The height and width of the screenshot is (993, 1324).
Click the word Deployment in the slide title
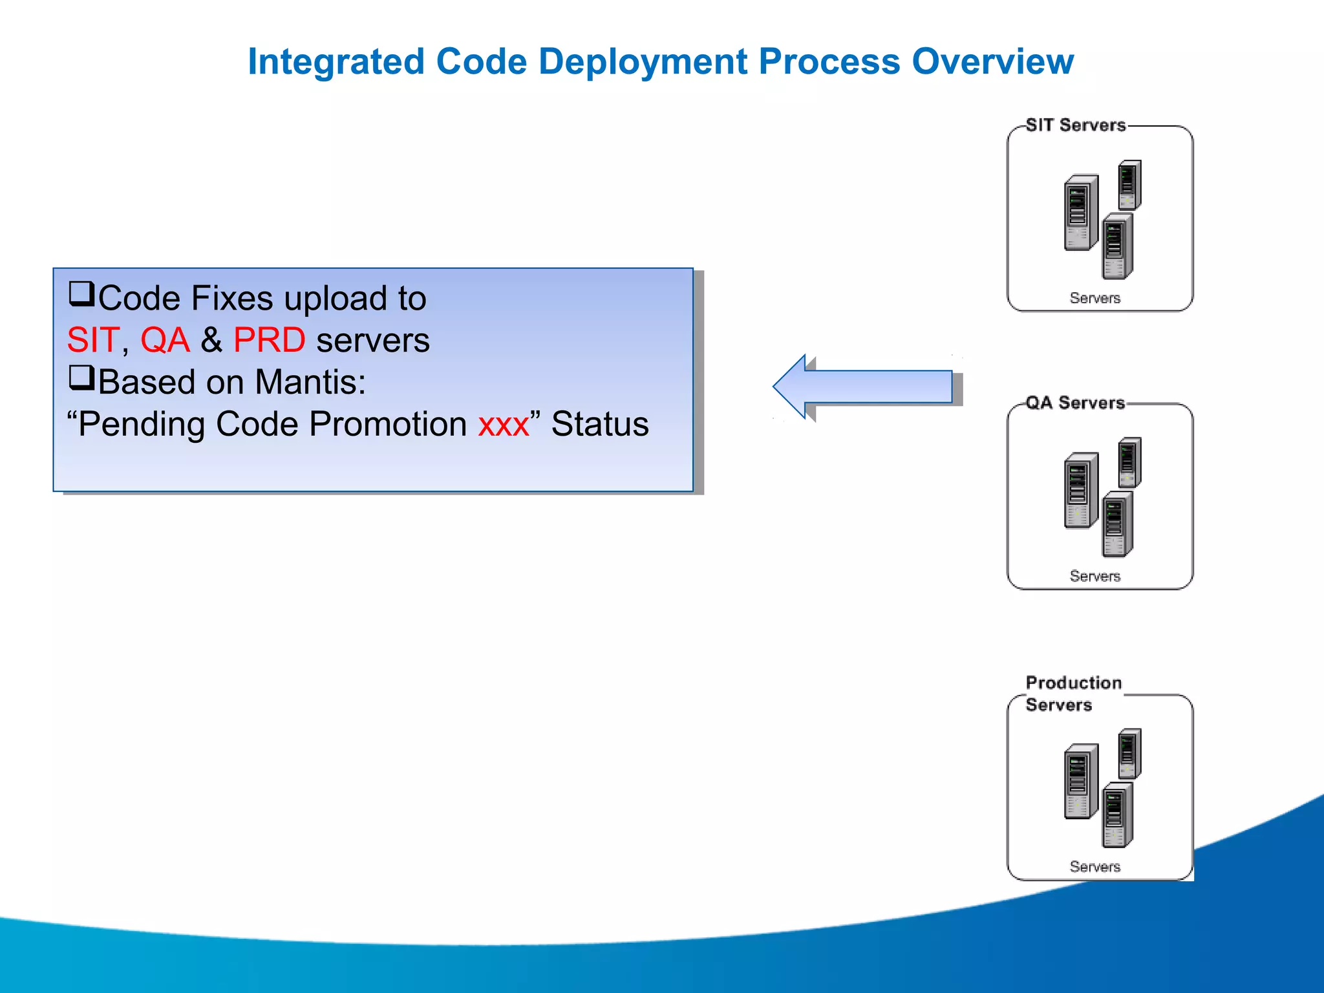tap(642, 63)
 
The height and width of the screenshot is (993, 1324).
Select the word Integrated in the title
tap(336, 63)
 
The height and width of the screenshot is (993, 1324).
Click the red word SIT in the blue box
tap(93, 341)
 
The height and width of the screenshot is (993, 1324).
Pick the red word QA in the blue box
tap(165, 341)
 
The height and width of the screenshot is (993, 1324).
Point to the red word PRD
tap(269, 341)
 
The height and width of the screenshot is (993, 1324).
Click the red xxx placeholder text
tap(504, 425)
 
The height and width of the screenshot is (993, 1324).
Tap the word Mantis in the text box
tap(310, 383)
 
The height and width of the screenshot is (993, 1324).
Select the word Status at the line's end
tap(599, 425)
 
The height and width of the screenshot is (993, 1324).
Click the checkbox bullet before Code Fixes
tap(81, 294)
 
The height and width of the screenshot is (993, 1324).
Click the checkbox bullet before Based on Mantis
tap(81, 378)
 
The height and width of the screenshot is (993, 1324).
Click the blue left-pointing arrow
tap(863, 387)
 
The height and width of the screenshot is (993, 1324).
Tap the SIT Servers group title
tap(1075, 125)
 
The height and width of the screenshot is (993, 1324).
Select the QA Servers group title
tap(1075, 403)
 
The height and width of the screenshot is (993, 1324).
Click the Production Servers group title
tap(1073, 693)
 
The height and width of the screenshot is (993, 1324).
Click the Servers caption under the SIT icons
tap(1094, 298)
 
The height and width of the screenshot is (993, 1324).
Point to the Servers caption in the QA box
tap(1094, 576)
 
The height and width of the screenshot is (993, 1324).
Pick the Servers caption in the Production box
tap(1094, 866)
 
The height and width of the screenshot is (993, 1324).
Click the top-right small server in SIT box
tap(1129, 185)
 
